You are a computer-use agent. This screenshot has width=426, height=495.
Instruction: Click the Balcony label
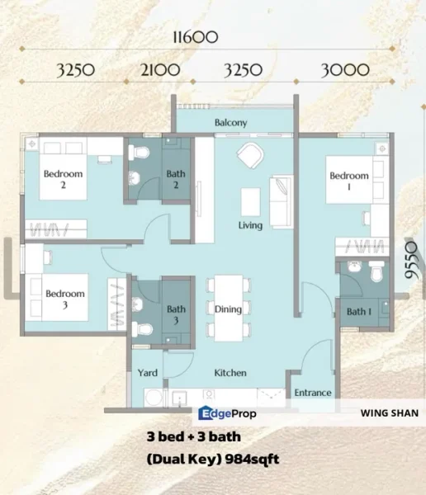(231, 122)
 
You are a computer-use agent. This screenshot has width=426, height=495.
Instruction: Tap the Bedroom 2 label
(64, 179)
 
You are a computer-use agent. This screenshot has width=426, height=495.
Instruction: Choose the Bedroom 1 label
(348, 181)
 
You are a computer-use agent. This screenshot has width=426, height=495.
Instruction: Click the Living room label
(250, 225)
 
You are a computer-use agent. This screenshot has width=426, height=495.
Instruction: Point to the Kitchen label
(230, 373)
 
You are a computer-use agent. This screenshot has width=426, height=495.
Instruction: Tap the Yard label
(148, 373)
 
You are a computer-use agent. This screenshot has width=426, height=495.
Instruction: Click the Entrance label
(313, 393)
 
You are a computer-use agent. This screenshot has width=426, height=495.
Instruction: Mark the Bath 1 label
(357, 312)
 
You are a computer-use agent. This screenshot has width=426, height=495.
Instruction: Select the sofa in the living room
(281, 199)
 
